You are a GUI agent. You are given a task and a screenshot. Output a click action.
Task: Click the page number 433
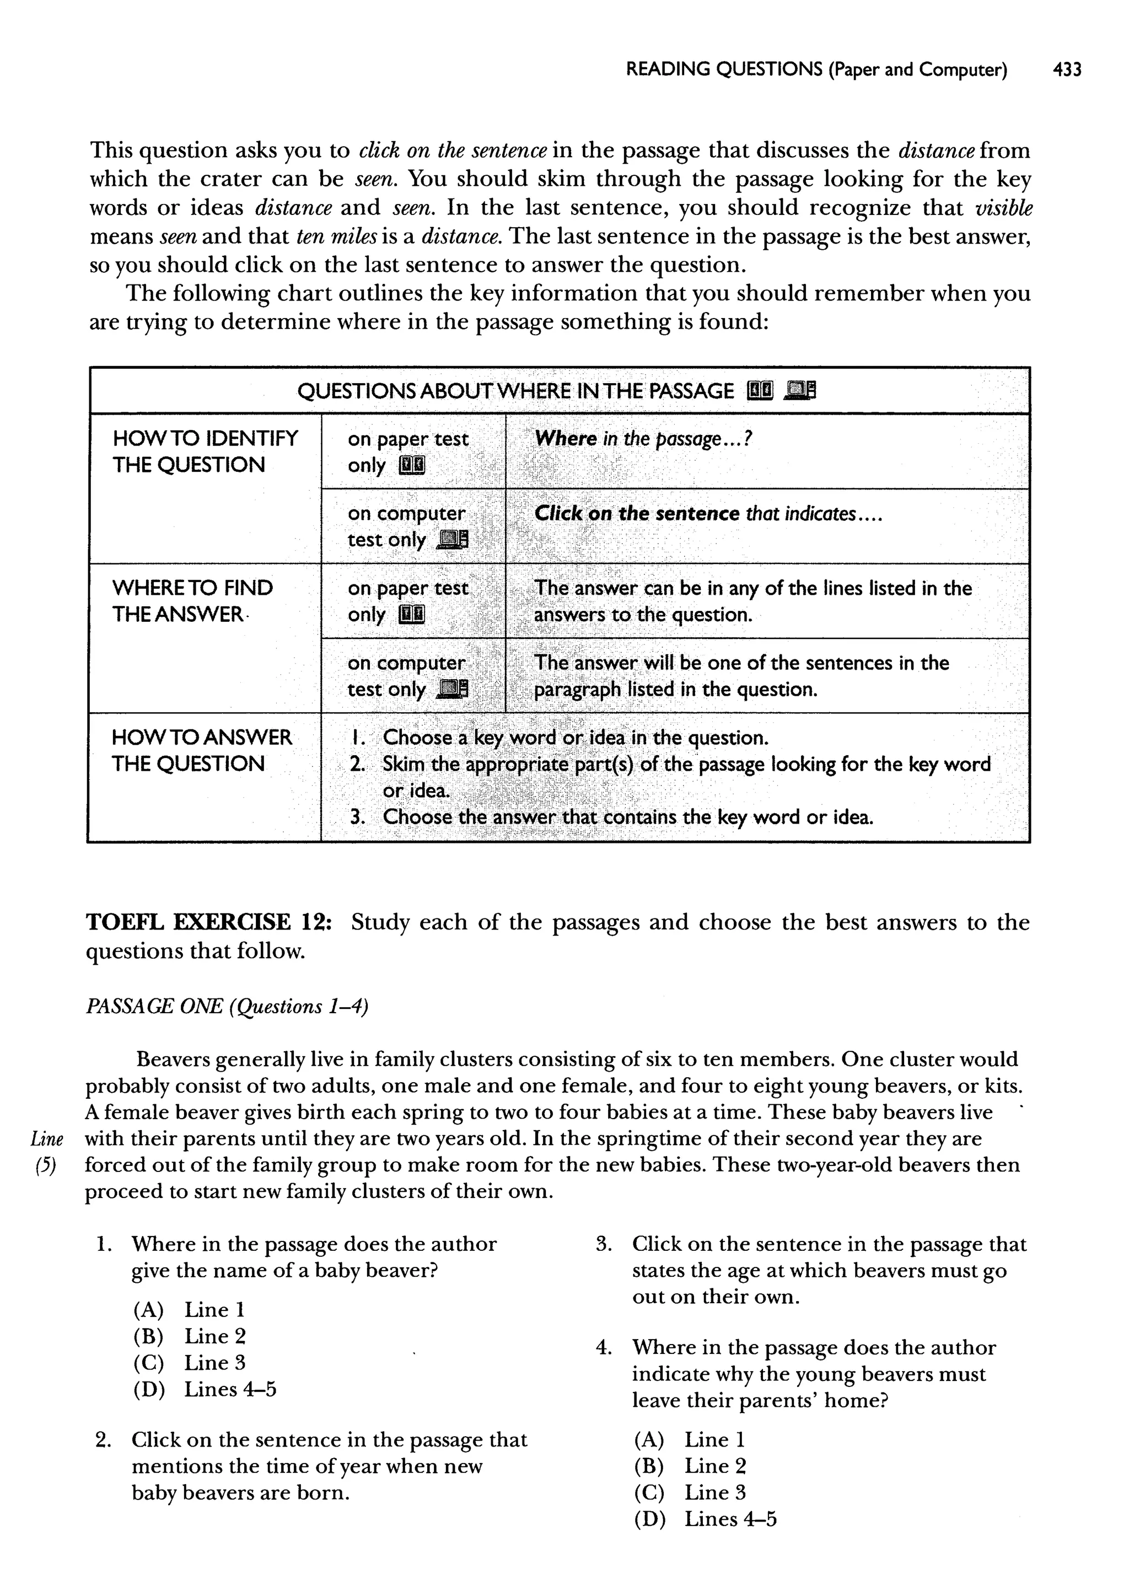pos(1067,69)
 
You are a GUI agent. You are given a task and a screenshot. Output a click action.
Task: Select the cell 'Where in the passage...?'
pos(644,439)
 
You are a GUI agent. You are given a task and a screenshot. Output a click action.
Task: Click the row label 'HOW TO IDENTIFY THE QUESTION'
pos(205,452)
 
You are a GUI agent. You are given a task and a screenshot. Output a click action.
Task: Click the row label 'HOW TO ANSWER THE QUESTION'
pos(202,751)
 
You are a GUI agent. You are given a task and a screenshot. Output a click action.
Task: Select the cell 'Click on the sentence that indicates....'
pos(708,514)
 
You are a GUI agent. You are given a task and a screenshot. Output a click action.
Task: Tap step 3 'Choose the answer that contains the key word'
pos(612,816)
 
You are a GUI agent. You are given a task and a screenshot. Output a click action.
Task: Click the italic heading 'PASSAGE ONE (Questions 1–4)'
pos(227,1007)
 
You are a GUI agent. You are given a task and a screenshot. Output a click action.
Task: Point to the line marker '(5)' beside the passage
pos(46,1165)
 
